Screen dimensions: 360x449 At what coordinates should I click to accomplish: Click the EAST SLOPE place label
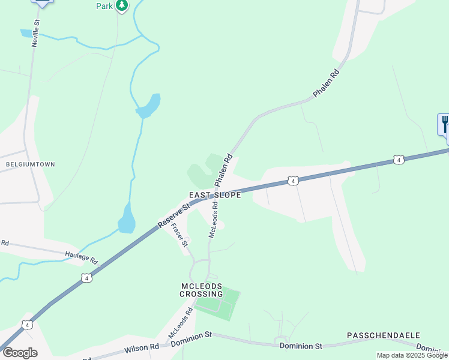click(215, 195)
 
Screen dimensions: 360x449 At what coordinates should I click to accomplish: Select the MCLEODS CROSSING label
click(201, 290)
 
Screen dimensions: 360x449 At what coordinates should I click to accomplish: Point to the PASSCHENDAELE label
click(384, 335)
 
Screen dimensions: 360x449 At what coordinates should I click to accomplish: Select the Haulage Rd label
click(81, 257)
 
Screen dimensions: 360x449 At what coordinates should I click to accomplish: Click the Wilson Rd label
click(142, 347)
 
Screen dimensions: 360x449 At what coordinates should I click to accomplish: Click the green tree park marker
click(122, 6)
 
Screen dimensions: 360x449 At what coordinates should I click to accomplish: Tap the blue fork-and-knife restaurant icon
click(445, 124)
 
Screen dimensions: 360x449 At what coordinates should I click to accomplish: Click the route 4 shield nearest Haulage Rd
click(87, 278)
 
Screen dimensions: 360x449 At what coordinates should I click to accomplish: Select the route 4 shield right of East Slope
click(292, 180)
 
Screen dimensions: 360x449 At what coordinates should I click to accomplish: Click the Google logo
click(20, 353)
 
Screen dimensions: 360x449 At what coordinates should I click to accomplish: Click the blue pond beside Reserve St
click(127, 219)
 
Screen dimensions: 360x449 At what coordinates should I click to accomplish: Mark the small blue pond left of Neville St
click(26, 33)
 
